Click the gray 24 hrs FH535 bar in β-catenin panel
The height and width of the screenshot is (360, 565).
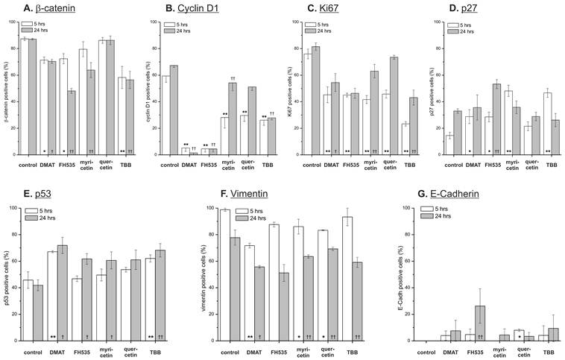coord(72,123)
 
